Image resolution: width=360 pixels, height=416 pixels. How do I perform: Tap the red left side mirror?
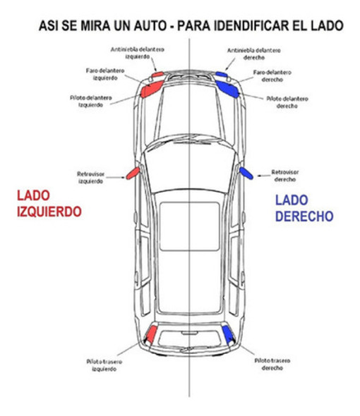pos(132,173)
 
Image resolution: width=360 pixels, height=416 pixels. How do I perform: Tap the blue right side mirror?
pos(246,173)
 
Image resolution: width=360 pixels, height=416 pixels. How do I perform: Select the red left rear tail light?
pos(150,334)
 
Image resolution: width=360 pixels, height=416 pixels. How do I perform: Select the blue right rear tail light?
pos(227,334)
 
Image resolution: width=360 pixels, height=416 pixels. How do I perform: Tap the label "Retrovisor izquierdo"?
pos(91,176)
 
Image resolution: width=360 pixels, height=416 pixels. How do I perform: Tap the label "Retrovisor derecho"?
pos(286,174)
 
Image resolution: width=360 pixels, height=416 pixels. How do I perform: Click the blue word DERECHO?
pos(304,216)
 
